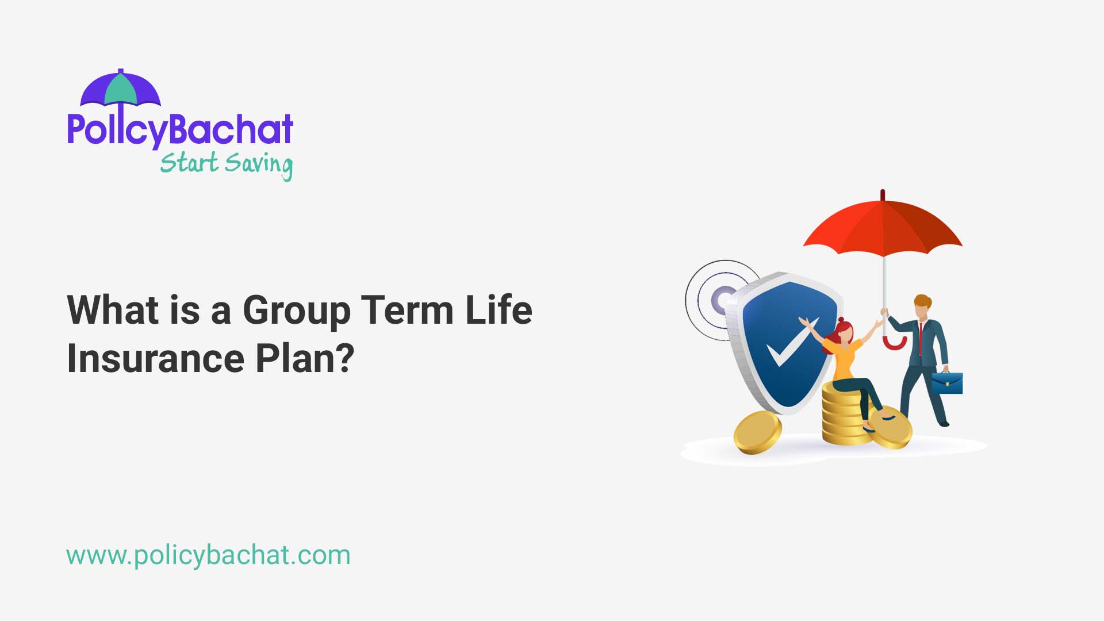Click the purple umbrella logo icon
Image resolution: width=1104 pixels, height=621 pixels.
point(120,89)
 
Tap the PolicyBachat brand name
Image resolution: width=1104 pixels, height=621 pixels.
point(180,129)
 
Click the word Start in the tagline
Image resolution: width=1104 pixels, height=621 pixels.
point(189,163)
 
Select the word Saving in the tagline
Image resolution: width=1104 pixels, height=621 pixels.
point(259,164)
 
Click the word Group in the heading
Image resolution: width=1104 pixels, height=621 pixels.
point(296,311)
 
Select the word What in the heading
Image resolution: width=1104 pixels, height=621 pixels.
point(113,310)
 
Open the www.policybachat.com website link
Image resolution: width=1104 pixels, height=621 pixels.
point(208,555)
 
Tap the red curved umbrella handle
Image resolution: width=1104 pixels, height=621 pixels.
point(894,343)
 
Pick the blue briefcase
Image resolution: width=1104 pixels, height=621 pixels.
point(946,383)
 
